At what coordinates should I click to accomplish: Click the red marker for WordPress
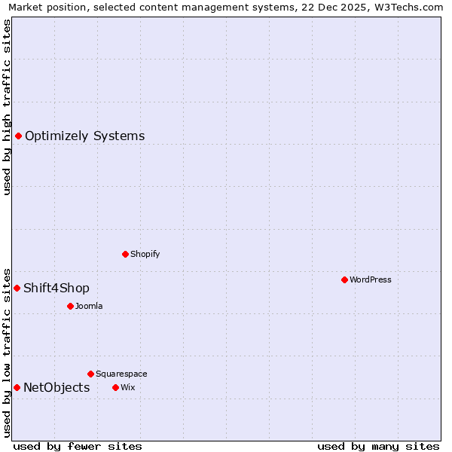(x=344, y=279)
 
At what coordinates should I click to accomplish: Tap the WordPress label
(x=371, y=279)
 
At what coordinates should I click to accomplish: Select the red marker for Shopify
(x=125, y=254)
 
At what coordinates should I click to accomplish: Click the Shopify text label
(x=145, y=254)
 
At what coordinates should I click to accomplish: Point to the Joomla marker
(x=70, y=306)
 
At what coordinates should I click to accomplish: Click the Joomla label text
(x=89, y=306)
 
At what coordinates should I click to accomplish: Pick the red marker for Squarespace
(x=90, y=374)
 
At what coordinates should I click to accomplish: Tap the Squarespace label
(x=121, y=374)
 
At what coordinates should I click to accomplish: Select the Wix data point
(x=115, y=387)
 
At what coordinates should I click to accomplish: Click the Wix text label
(x=128, y=387)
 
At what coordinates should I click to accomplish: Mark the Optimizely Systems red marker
(x=18, y=136)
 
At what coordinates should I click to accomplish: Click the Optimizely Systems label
(x=84, y=136)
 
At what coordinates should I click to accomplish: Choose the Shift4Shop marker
(x=17, y=288)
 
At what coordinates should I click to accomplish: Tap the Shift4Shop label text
(x=56, y=288)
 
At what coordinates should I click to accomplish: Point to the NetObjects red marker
(x=17, y=387)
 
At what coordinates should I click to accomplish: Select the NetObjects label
(x=56, y=387)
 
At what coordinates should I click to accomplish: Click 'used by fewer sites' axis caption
(x=78, y=446)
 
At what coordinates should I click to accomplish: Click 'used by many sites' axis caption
(x=378, y=446)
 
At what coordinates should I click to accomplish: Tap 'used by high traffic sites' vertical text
(x=7, y=107)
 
